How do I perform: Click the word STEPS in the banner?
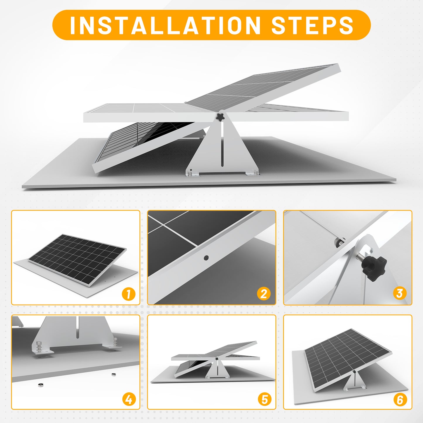[312, 25]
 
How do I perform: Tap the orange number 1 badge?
[129, 294]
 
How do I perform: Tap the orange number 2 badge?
[264, 294]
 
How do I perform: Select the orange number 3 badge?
[400, 293]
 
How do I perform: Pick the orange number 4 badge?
[129, 399]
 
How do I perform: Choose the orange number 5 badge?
[264, 399]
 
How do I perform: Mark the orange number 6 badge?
[400, 399]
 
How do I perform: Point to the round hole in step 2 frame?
[206, 258]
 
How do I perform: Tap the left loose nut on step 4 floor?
[40, 385]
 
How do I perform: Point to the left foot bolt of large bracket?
[190, 174]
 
